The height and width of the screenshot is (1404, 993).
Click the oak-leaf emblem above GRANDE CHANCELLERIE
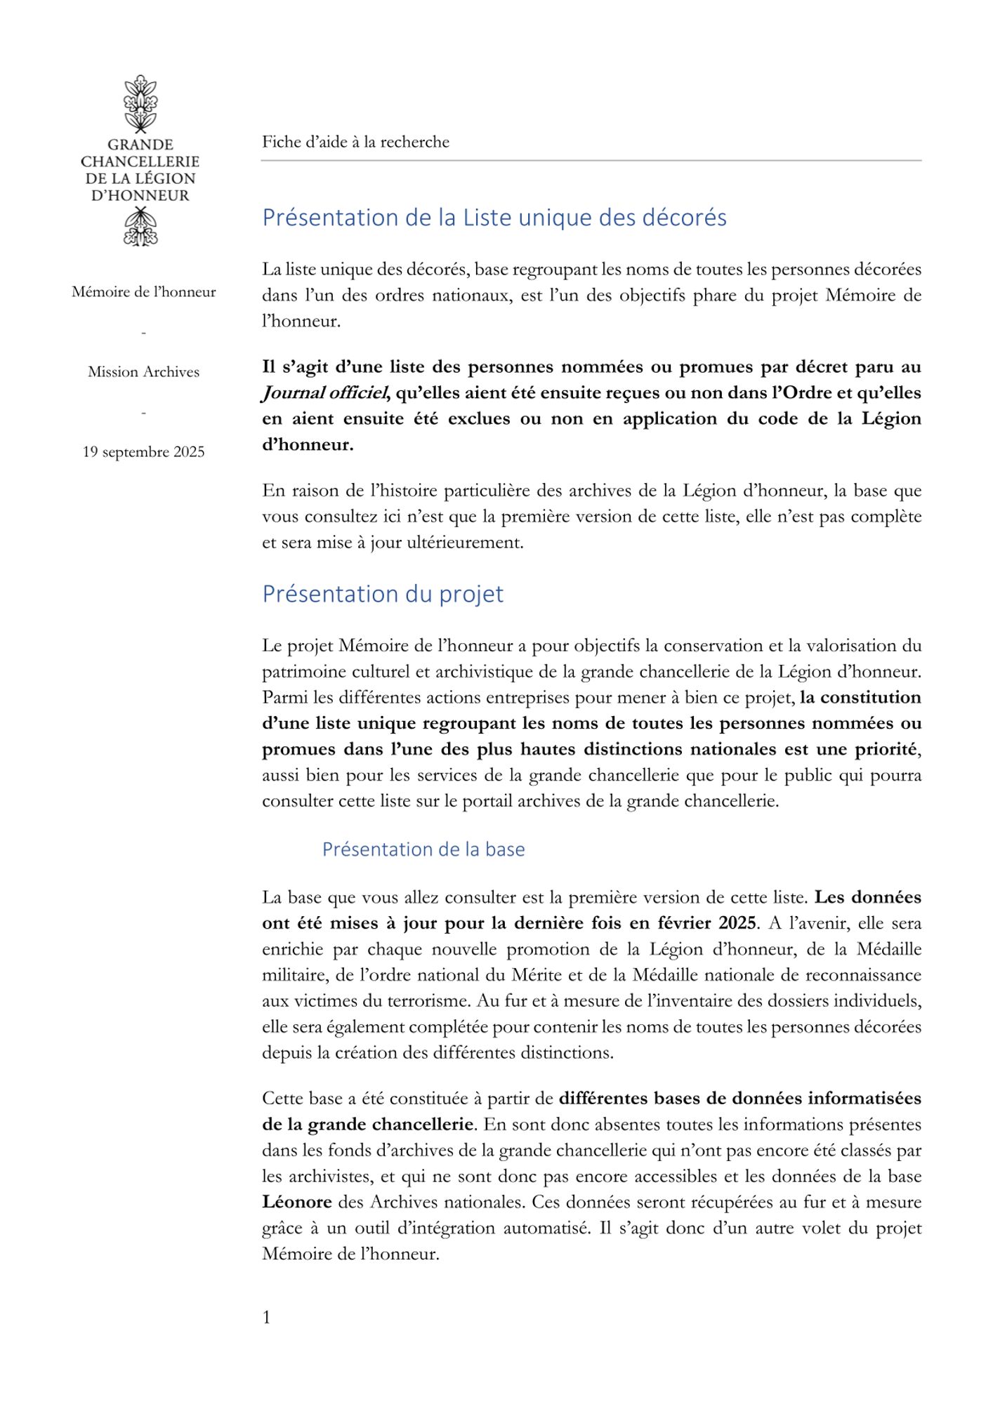point(140,104)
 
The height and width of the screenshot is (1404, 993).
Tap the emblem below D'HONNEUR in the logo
point(140,227)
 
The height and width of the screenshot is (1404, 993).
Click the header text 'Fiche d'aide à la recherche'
point(355,142)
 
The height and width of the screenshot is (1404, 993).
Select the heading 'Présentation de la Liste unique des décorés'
point(494,218)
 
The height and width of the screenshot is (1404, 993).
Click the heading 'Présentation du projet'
point(383,594)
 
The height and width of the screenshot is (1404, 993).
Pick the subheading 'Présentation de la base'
point(423,849)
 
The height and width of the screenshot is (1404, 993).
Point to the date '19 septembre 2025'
point(143,451)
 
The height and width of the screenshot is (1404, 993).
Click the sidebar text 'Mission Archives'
point(143,371)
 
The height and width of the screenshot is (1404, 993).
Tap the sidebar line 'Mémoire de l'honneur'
point(143,292)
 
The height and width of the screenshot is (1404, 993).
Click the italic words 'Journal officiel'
point(325,393)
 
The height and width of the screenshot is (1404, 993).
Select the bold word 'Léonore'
point(296,1202)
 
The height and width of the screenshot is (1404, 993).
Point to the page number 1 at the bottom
point(266,1318)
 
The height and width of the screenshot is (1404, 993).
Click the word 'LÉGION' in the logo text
point(166,178)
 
